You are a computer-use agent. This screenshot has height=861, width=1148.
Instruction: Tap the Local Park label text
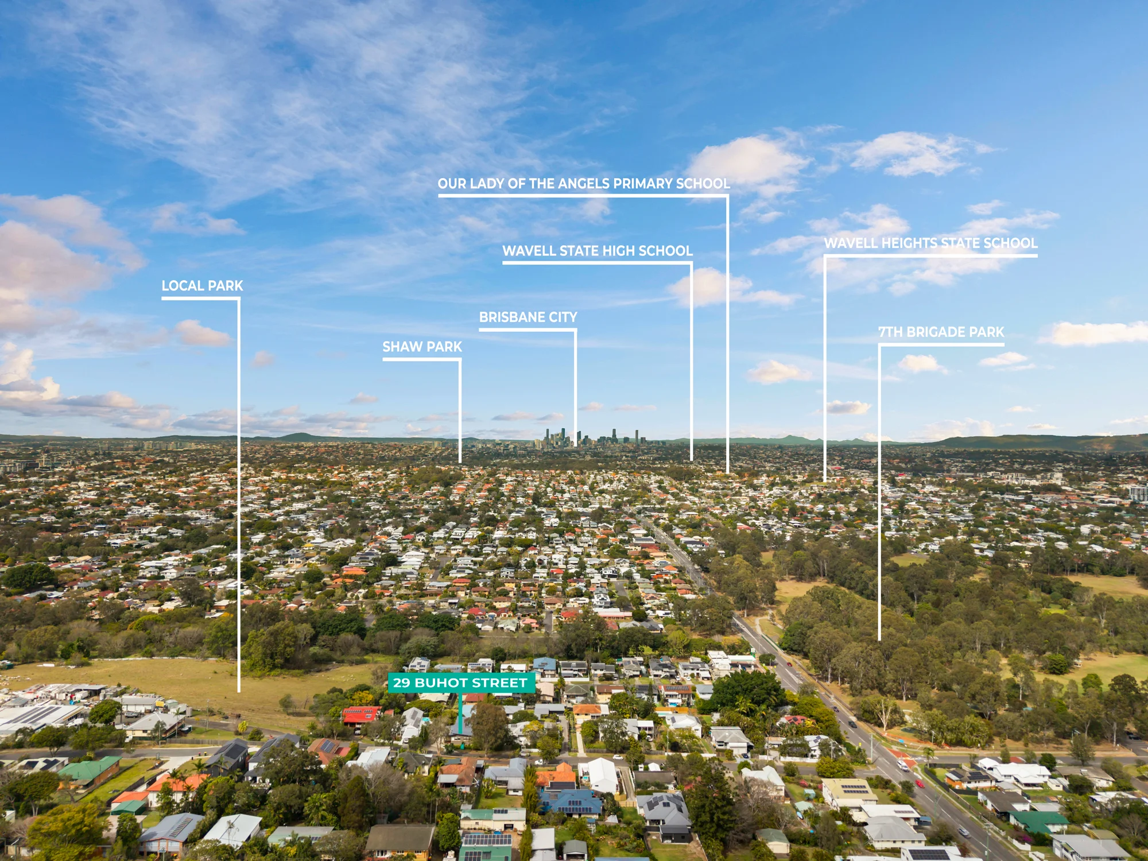pos(202,286)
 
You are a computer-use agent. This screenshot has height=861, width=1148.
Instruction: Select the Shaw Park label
pos(422,347)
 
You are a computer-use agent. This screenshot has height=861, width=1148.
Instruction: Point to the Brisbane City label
pos(528,317)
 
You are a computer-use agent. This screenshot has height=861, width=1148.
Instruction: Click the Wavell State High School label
pos(598,251)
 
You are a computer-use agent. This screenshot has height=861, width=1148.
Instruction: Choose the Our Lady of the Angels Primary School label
pos(584,184)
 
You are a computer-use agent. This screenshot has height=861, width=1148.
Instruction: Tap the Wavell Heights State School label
pos(930,243)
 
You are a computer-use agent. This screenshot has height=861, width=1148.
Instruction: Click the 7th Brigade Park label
pos(941,332)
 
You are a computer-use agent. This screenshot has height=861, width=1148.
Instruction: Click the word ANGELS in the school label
pos(584,184)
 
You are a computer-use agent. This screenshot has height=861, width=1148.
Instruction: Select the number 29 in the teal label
pos(401,683)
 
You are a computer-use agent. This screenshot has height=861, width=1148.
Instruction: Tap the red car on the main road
pos(920,784)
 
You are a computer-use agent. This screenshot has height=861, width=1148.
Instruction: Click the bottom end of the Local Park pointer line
pos(239,691)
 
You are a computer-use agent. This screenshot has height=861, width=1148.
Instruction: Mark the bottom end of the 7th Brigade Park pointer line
pos(879,639)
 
